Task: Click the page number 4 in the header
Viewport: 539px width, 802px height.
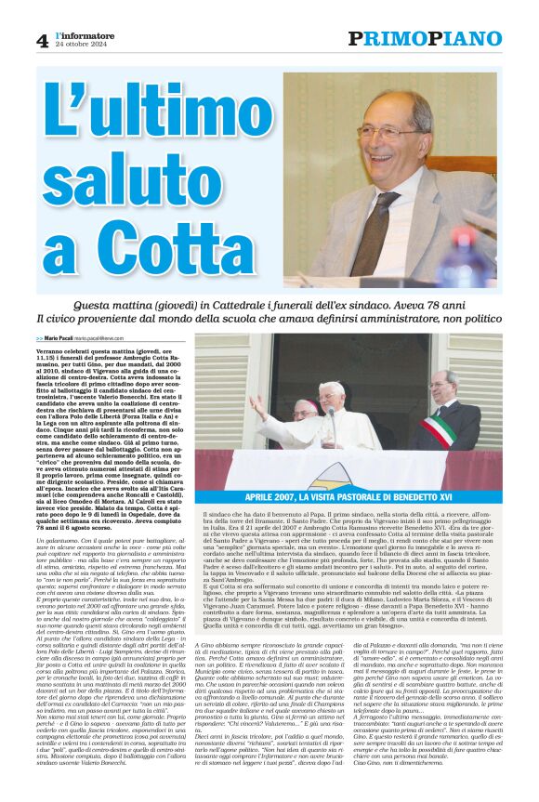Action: coord(42,40)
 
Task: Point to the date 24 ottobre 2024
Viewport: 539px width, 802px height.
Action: coord(76,46)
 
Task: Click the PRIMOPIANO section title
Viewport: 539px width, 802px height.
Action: coord(425,38)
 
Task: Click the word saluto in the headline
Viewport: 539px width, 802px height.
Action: coord(119,186)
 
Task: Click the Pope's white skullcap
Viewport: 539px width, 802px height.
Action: coord(331,386)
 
